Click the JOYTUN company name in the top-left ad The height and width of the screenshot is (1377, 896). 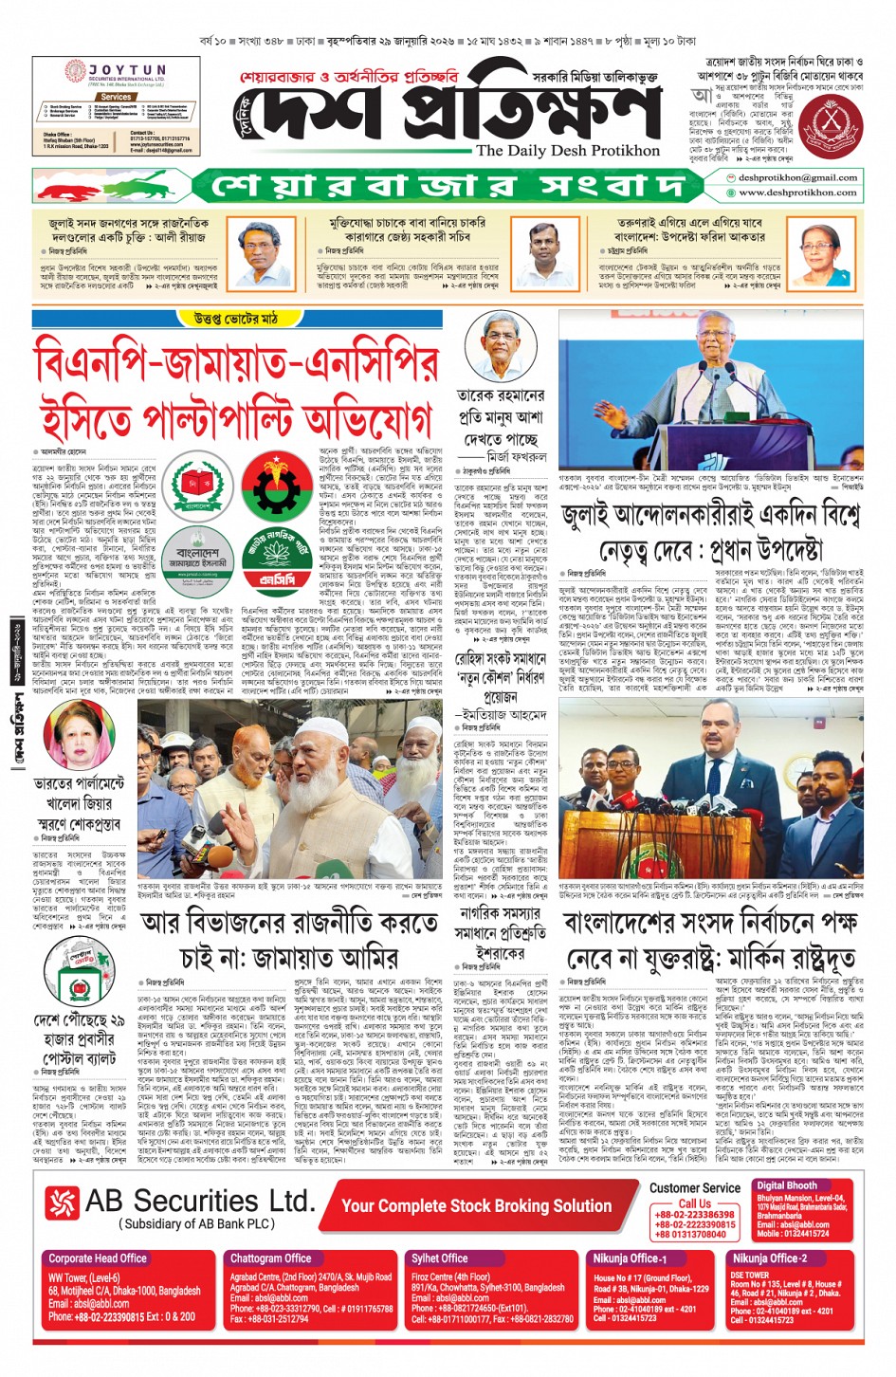point(127,71)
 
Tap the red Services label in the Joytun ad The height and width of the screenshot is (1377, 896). point(116,97)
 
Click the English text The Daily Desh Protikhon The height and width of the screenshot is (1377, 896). point(567,151)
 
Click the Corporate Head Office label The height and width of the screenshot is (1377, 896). point(98,1258)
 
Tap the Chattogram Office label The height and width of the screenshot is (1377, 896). point(271,1258)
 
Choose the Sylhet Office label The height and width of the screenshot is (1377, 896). point(439,1258)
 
